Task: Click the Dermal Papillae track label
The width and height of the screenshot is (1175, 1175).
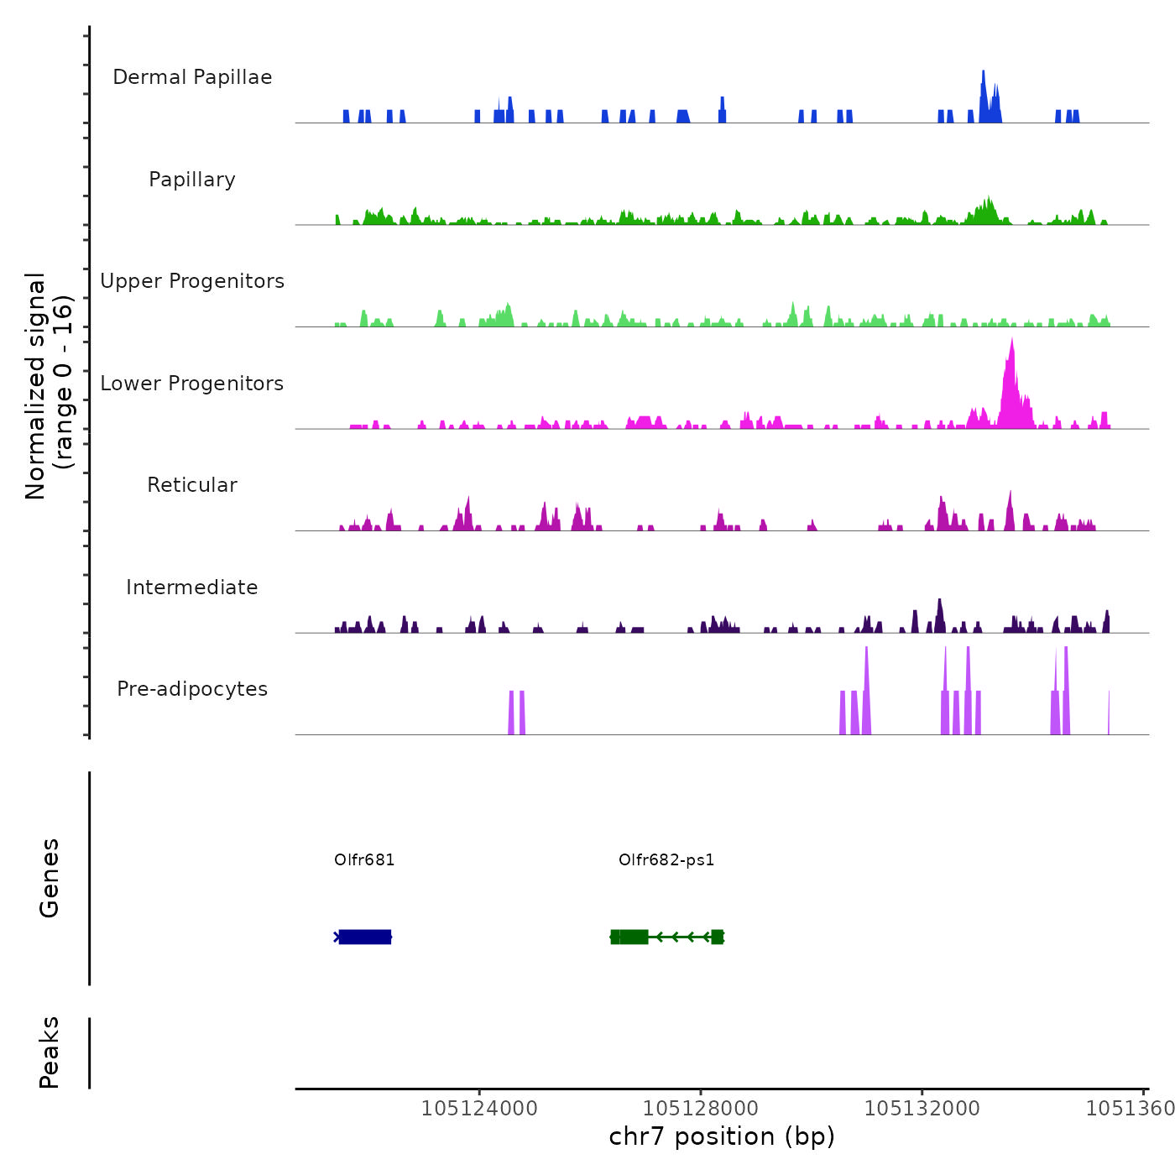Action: (192, 77)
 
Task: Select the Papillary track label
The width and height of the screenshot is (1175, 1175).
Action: (192, 180)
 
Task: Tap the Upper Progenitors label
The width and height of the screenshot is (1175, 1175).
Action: (192, 281)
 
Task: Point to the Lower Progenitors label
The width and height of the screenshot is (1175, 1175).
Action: (192, 384)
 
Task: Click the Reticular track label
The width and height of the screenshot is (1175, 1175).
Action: (192, 485)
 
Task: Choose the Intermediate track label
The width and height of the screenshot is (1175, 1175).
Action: (192, 587)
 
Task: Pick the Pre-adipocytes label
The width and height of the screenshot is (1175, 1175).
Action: (192, 689)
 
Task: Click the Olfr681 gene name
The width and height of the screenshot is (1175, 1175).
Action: (364, 859)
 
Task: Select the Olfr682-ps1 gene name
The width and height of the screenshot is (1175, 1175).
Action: (666, 859)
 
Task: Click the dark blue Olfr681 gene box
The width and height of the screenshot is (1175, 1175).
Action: (365, 937)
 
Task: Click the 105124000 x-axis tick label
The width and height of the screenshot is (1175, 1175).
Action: (479, 1109)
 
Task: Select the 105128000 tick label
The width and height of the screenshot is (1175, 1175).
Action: (701, 1109)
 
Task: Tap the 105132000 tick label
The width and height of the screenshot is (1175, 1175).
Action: (922, 1109)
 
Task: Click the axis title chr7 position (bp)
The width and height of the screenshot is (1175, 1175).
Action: (722, 1136)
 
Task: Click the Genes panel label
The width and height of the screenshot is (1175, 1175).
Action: (50, 877)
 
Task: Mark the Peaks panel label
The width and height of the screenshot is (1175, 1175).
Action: (50, 1052)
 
